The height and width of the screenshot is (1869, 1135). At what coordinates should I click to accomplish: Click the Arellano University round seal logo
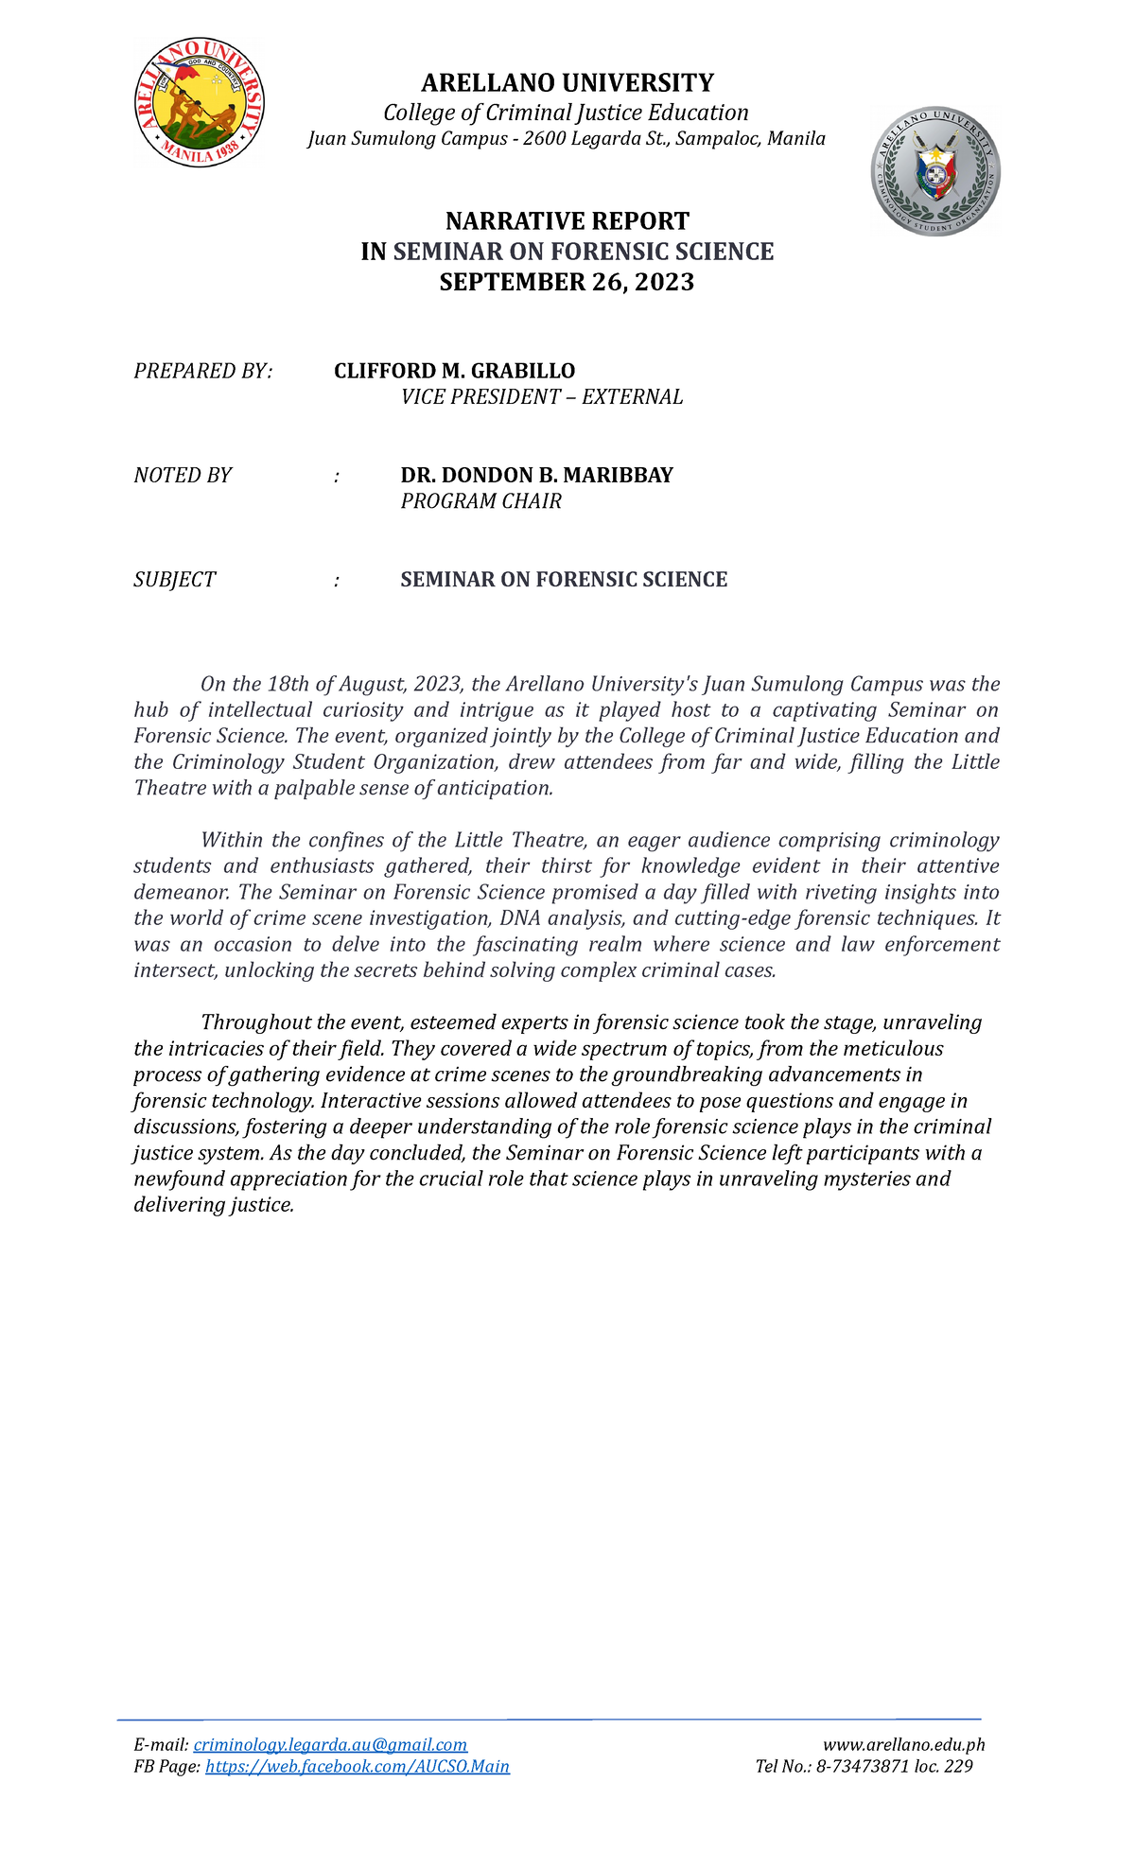200,103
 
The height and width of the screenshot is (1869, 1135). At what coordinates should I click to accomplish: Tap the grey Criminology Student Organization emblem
935,171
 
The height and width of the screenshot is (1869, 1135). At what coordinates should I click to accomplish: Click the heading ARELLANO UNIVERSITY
567,83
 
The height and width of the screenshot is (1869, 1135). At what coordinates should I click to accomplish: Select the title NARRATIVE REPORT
567,221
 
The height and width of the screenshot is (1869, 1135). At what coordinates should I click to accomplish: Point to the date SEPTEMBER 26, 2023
567,282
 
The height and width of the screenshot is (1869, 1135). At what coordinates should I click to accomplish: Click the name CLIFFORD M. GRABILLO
454,371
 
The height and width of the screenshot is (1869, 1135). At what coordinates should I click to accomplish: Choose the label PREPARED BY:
202,371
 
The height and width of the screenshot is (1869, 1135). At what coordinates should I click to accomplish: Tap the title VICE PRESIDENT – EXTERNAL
541,397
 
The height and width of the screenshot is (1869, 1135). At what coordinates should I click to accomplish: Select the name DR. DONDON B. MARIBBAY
536,475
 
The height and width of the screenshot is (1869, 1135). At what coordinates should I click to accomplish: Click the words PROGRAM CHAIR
480,501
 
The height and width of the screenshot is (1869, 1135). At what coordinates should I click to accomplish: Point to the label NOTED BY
183,475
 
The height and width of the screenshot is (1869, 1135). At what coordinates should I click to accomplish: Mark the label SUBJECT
175,580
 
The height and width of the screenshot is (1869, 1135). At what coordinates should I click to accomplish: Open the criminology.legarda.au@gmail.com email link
330,1745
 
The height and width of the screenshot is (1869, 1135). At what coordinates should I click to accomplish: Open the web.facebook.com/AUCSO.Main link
358,1767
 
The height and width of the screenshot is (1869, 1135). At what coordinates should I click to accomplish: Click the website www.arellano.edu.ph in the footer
904,1745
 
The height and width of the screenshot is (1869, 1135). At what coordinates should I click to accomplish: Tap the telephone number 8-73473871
864,1767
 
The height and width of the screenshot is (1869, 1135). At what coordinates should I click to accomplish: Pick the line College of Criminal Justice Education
566,114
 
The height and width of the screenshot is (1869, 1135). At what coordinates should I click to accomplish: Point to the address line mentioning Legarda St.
567,139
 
